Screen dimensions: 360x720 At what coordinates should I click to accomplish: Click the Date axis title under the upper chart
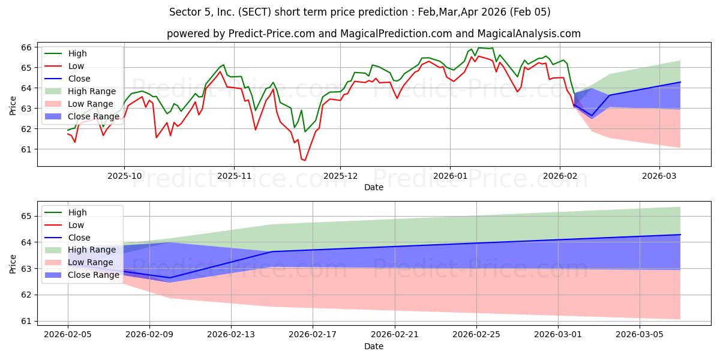[x=373, y=187]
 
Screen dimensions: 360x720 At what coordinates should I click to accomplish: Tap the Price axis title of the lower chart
[x=13, y=263]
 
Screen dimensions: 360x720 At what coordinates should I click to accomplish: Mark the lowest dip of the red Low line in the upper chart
[x=304, y=160]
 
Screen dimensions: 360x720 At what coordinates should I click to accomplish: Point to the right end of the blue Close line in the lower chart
[x=680, y=235]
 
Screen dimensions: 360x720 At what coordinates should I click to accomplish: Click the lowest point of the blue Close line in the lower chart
[x=170, y=278]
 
